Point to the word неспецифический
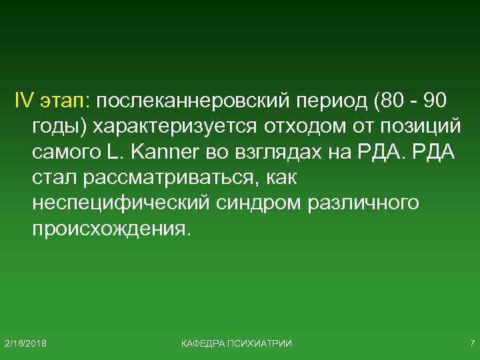pyautogui.click(x=120, y=203)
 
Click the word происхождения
pyautogui.click(x=111, y=228)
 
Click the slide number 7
pyautogui.click(x=471, y=343)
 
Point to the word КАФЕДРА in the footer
pyautogui.click(x=203, y=343)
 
